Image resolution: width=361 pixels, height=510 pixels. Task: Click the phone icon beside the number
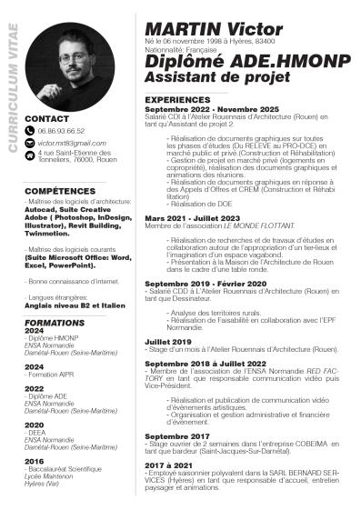point(30,132)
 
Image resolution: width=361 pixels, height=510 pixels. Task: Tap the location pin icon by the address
point(30,155)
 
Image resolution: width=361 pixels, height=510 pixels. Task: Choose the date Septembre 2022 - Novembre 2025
point(212,109)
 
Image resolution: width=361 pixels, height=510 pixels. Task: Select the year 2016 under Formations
point(35,461)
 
